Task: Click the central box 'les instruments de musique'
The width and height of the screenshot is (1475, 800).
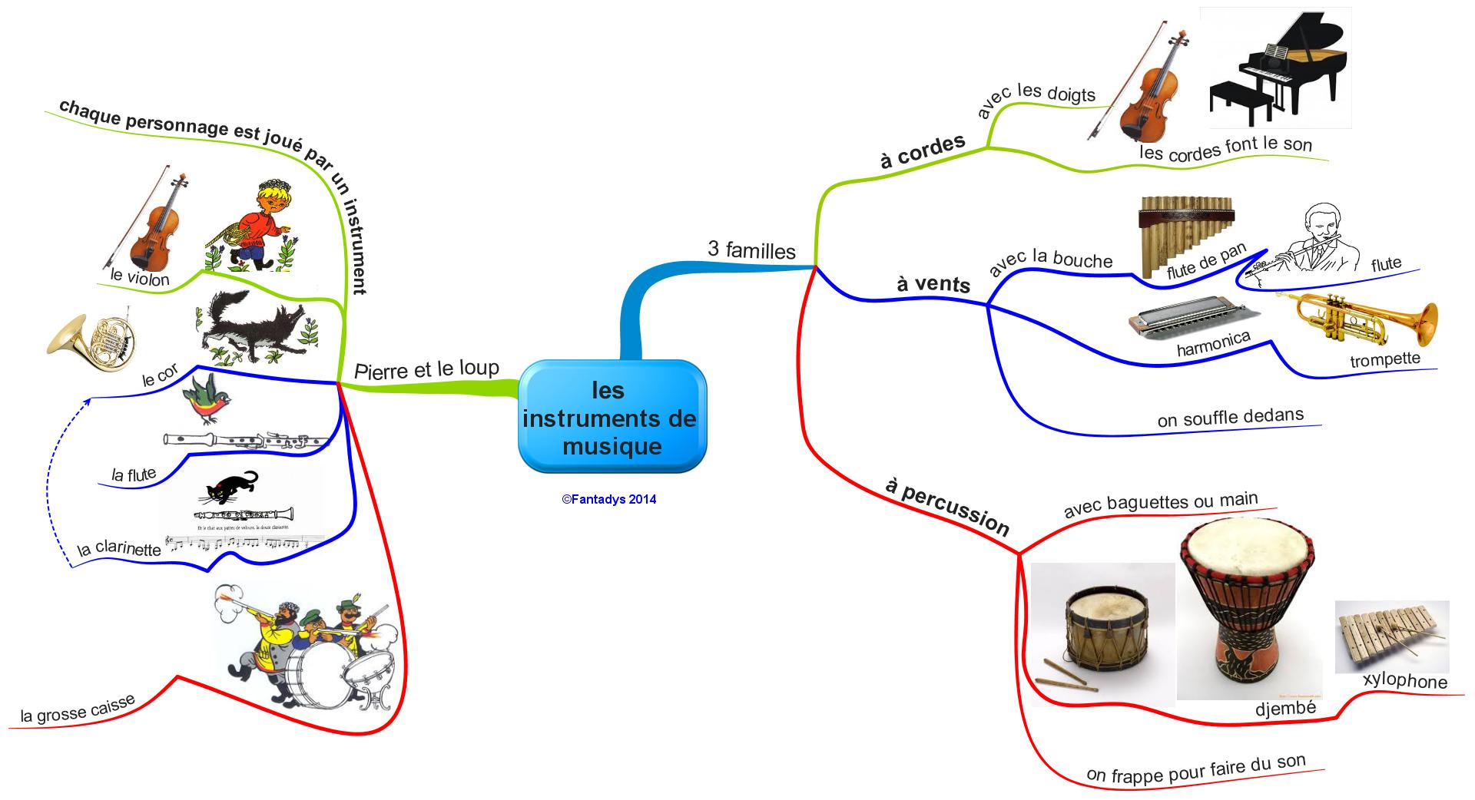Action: click(612, 418)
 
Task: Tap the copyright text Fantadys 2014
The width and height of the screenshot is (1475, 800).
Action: click(609, 499)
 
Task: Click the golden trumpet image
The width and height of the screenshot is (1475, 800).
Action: click(1357, 318)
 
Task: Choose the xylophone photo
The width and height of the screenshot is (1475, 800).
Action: click(1391, 636)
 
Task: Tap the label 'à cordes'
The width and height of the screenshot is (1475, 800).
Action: click(923, 151)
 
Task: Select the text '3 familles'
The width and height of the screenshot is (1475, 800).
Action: click(751, 250)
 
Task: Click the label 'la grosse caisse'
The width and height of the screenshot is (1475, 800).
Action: click(78, 709)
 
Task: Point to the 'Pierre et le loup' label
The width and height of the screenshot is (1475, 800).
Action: click(426, 370)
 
